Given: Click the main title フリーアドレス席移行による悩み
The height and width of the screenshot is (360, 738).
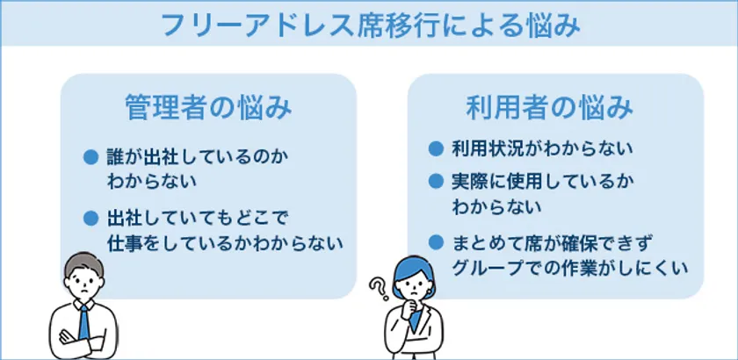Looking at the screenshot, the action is (x=371, y=25).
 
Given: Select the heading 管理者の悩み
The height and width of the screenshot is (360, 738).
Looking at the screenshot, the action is (x=208, y=108).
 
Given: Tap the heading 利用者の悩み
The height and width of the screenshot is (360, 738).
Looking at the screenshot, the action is (x=550, y=108).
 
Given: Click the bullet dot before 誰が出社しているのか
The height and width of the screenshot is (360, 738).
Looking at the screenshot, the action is (x=90, y=156).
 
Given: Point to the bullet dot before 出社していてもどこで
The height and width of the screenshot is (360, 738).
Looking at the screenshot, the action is (x=90, y=218).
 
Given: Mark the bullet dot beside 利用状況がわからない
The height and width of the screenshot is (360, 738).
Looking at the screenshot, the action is (x=436, y=148).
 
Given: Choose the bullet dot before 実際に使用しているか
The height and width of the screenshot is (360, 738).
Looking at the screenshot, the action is (x=436, y=181).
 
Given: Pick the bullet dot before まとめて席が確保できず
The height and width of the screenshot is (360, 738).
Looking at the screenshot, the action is (x=436, y=242).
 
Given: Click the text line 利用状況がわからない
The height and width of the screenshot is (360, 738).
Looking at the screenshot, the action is (x=541, y=148).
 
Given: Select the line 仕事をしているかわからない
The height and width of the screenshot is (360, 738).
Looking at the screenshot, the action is (x=224, y=243).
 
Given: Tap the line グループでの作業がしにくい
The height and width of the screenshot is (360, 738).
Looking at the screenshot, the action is (x=570, y=268).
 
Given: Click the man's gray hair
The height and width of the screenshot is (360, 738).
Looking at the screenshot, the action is (x=84, y=264).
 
